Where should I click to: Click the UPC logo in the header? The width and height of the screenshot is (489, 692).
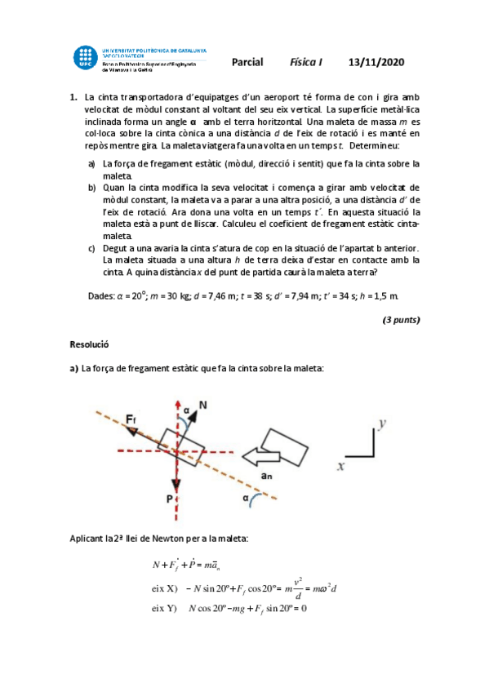click(x=85, y=58)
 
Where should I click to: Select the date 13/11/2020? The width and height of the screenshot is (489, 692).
click(x=376, y=62)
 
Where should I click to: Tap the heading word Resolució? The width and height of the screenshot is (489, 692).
click(x=90, y=345)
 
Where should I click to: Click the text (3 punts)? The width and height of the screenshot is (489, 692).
click(x=401, y=320)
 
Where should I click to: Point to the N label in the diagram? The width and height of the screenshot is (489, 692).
click(x=203, y=404)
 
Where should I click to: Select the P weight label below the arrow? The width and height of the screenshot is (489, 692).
click(x=169, y=497)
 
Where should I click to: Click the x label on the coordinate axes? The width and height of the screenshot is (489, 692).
click(x=340, y=466)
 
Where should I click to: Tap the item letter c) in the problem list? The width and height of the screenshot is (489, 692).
click(x=91, y=249)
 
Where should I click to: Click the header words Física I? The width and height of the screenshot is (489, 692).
click(x=307, y=62)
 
